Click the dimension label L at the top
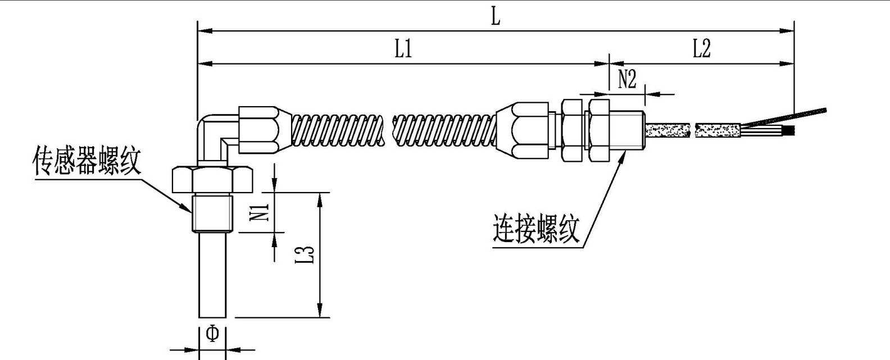click(x=495, y=16)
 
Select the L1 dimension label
click(x=403, y=49)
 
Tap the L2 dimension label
click(x=701, y=49)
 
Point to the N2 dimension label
click(x=626, y=80)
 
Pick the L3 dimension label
click(x=305, y=253)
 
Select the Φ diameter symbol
click(x=212, y=334)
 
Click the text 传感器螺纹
click(x=87, y=162)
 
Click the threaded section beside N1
click(x=212, y=213)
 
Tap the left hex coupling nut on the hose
click(x=259, y=130)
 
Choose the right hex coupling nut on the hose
click(x=523, y=130)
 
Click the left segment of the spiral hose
click(x=339, y=130)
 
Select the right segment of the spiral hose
click(x=444, y=130)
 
